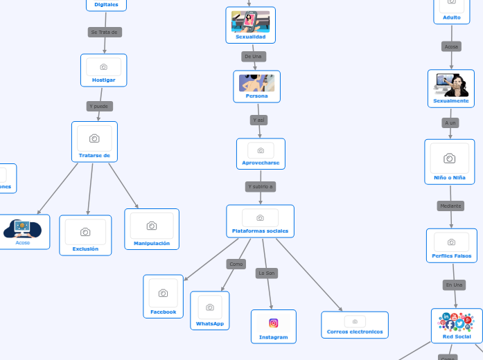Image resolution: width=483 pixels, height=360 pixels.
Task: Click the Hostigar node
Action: [x=103, y=71]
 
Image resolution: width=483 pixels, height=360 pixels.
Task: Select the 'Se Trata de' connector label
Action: [x=105, y=32]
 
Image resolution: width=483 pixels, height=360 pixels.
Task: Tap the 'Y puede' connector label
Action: [x=99, y=107]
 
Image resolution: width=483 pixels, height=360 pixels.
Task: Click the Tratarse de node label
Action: [x=94, y=156]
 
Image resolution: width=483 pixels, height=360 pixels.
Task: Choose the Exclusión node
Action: [x=85, y=235]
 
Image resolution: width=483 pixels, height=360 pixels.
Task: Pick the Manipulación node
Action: [x=151, y=229]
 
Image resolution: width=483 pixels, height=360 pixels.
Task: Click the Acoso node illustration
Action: [x=23, y=227]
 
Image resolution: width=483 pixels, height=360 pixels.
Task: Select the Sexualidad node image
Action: [x=250, y=21]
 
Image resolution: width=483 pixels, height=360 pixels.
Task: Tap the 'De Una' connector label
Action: [x=254, y=56]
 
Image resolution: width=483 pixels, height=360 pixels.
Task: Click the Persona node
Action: [x=256, y=87]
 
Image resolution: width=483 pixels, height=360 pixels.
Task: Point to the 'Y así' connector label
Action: [x=258, y=120]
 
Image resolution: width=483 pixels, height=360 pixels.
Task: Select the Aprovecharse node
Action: [x=261, y=154]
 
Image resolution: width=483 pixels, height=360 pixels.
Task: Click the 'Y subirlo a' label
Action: [x=261, y=187]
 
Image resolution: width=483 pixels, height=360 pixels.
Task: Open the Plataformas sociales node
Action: [x=260, y=221]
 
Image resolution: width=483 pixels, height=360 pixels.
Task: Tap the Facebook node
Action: [x=164, y=297]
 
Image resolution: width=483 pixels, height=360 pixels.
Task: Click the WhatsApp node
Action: [x=210, y=310]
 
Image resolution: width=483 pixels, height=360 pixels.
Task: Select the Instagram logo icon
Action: [x=274, y=323]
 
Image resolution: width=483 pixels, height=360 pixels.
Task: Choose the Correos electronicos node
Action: [x=355, y=325]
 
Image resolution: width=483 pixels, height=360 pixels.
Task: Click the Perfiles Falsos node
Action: [x=451, y=246]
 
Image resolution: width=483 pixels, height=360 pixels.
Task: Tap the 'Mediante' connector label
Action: [x=450, y=206]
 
